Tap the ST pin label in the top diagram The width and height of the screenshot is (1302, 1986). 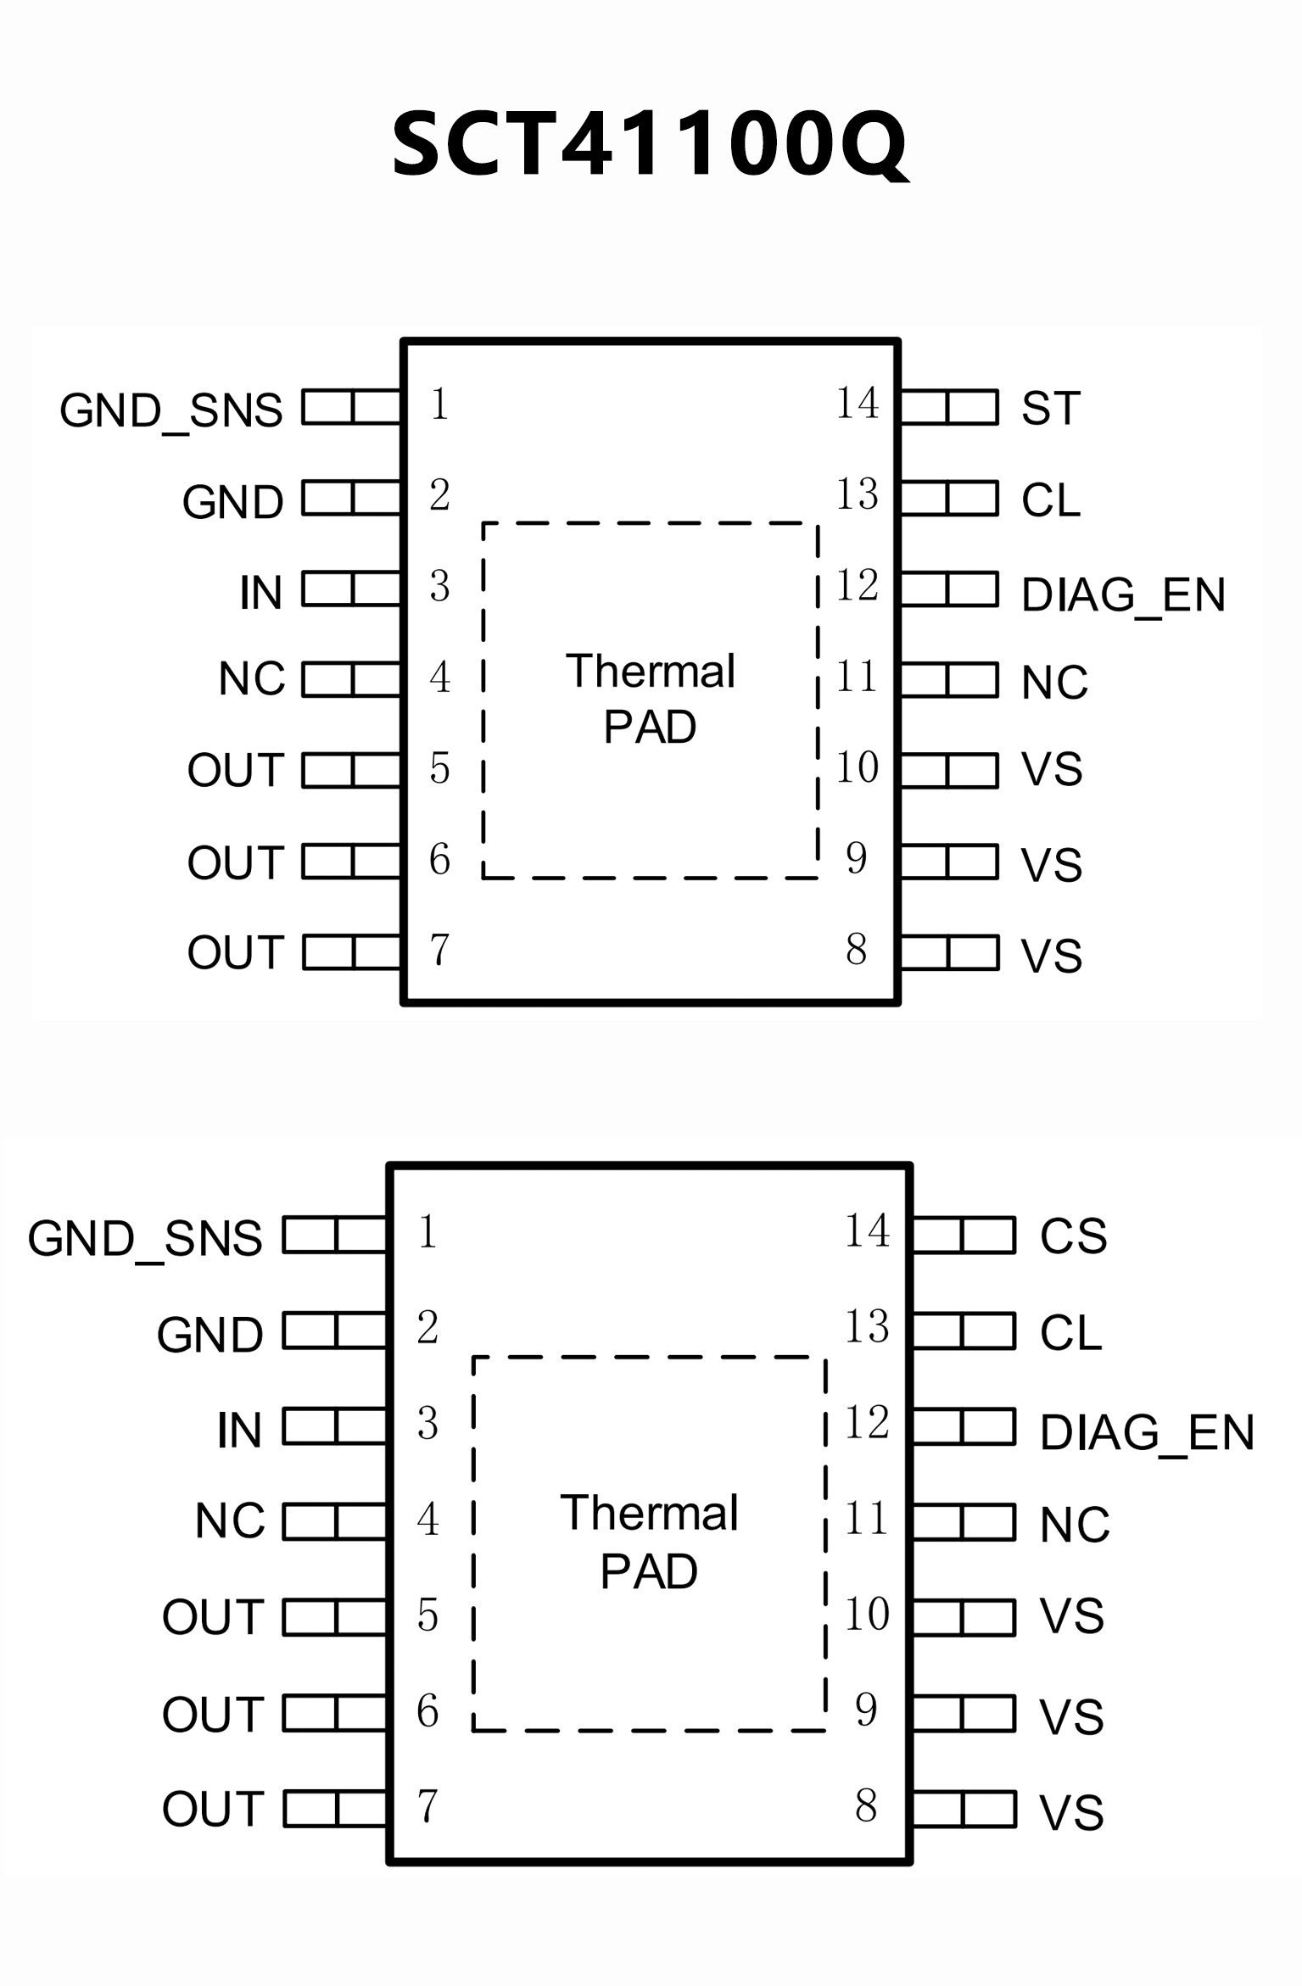1051,408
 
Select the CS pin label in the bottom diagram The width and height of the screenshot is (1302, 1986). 1073,1236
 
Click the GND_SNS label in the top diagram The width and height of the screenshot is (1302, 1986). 171,410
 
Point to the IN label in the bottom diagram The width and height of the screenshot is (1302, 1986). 239,1430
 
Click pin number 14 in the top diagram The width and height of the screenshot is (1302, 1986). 857,403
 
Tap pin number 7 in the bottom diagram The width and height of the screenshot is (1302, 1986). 427,1805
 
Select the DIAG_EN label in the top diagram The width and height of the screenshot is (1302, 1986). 1123,594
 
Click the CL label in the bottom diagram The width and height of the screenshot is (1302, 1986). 1070,1332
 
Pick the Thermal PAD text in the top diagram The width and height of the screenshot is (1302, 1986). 650,699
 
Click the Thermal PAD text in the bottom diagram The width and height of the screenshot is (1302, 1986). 649,1542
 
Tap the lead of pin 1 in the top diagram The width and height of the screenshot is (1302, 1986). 351,406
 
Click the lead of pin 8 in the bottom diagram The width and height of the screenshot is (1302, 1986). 964,1809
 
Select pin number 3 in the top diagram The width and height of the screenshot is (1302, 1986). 439,586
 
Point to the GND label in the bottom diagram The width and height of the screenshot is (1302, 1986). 210,1335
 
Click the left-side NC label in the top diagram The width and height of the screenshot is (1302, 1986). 251,678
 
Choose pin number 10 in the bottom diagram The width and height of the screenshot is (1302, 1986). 867,1613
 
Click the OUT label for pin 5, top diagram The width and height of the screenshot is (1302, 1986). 235,770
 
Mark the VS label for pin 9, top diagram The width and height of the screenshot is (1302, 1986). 1052,864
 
